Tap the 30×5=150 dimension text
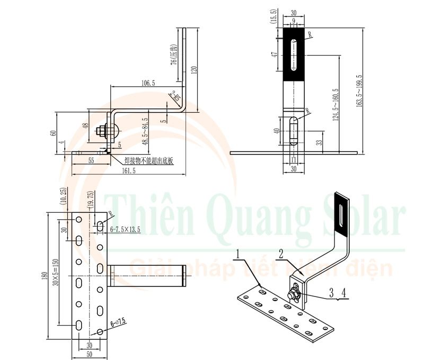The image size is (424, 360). [55, 274]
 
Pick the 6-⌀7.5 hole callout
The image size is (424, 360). [118, 321]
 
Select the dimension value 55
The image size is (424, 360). [91, 159]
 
